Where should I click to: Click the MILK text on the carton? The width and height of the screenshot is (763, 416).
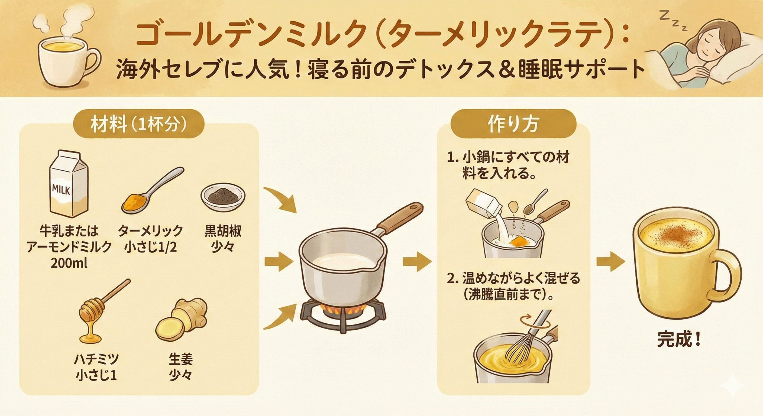(x=61, y=189)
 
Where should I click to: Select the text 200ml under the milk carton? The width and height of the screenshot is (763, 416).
(x=69, y=263)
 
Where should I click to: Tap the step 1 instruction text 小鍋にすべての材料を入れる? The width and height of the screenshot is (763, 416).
(x=508, y=166)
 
